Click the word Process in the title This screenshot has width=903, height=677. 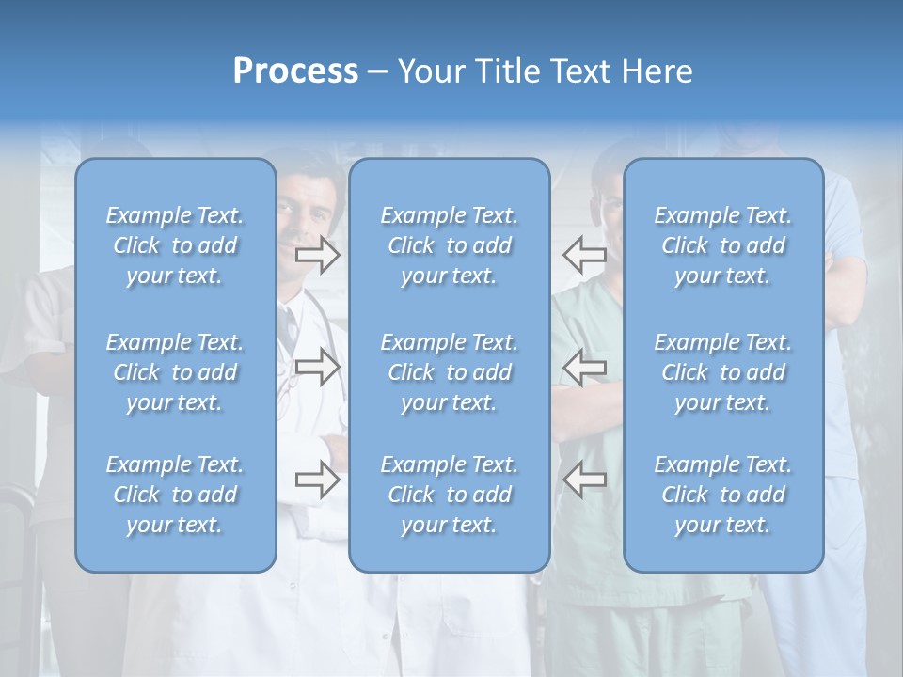[295, 71]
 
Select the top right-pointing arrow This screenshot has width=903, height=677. [318, 254]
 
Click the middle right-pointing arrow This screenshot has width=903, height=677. [318, 367]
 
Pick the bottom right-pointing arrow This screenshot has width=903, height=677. [318, 480]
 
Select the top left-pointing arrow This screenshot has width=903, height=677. [584, 254]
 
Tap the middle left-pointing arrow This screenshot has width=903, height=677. [584, 367]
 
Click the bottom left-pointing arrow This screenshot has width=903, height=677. [584, 480]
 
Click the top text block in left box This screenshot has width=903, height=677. [175, 245]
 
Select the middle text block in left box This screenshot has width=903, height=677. [175, 372]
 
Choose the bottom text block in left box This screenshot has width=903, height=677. [175, 495]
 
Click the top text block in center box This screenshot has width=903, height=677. [449, 245]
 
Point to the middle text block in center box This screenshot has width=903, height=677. [449, 372]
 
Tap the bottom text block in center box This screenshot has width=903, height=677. [449, 495]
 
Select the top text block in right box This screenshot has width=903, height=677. [722, 245]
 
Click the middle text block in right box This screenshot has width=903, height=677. [722, 372]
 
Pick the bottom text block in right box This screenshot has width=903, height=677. [722, 495]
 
